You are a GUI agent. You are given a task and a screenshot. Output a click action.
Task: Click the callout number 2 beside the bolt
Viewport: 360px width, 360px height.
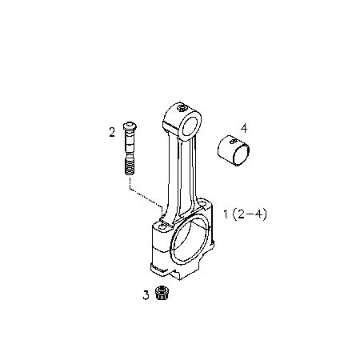tap(112, 132)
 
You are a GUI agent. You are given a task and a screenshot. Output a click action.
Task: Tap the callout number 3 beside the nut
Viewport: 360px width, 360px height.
tap(146, 295)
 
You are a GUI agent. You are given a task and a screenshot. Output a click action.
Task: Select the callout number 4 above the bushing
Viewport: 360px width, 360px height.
tap(244, 129)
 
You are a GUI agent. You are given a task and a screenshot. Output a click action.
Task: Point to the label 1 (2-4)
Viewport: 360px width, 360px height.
tap(245, 214)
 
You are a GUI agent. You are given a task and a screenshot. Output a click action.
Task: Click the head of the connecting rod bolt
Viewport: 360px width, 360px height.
tap(130, 126)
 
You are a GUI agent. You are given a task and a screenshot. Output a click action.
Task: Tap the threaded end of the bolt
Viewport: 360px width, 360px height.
tap(130, 166)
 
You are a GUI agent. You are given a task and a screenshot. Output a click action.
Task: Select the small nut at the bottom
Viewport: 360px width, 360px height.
tap(161, 293)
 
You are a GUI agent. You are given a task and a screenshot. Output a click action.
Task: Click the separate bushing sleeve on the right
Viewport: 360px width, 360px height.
tap(234, 150)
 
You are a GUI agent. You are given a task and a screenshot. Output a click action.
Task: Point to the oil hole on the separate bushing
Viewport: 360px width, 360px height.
tap(234, 141)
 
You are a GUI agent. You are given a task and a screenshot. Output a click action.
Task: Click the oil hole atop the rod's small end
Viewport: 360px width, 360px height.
tap(182, 108)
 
